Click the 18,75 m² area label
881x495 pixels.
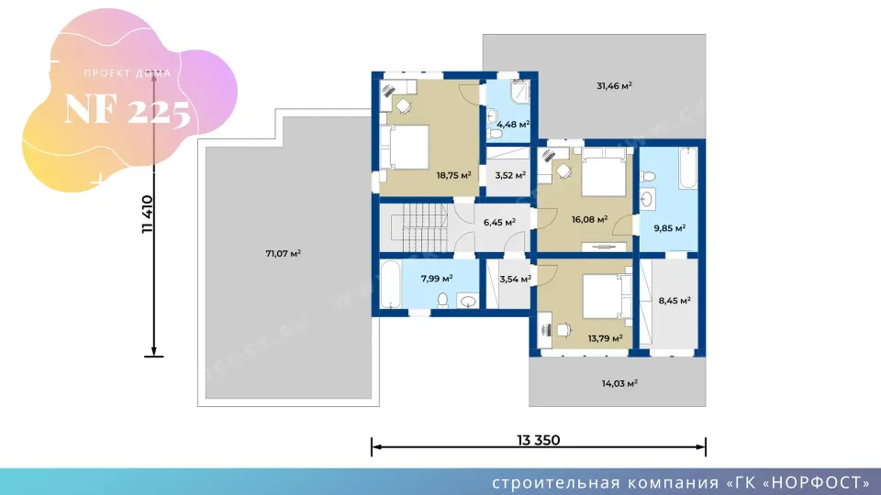tap(453, 175)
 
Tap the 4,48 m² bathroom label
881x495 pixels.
tap(513, 124)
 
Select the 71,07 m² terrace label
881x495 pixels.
tap(284, 253)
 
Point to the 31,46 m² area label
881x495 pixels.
tap(614, 86)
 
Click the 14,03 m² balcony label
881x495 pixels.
tap(619, 383)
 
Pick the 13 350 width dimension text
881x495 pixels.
tap(539, 440)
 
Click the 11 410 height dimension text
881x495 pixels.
tap(148, 214)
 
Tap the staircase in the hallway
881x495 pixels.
tap(425, 227)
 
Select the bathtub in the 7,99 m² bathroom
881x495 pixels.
tap(391, 284)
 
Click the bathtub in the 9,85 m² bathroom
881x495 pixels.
tap(688, 168)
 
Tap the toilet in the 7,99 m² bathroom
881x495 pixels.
tap(442, 301)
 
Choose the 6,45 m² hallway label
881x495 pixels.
tap(499, 222)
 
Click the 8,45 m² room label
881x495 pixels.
tap(675, 301)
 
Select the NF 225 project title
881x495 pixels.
tap(127, 110)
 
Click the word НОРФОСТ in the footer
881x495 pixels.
tap(818, 483)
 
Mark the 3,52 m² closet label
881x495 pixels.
tap(510, 175)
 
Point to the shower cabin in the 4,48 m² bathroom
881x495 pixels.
tap(520, 92)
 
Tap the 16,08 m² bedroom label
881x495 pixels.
tap(589, 219)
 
